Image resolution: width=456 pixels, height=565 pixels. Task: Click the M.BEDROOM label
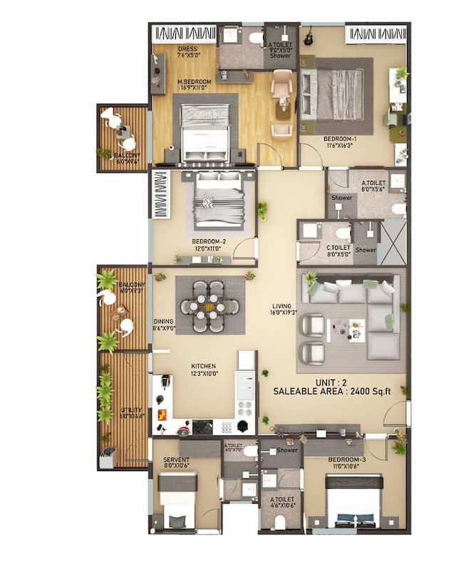pos(194,83)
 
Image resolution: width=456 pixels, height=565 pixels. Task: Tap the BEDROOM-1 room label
pos(340,139)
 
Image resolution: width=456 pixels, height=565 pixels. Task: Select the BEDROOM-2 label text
pos(209,241)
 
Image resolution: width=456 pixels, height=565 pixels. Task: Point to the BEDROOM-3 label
pos(347,460)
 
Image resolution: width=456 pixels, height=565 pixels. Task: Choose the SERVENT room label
pos(176,460)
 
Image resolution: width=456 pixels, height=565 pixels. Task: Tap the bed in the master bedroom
pos(205,132)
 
